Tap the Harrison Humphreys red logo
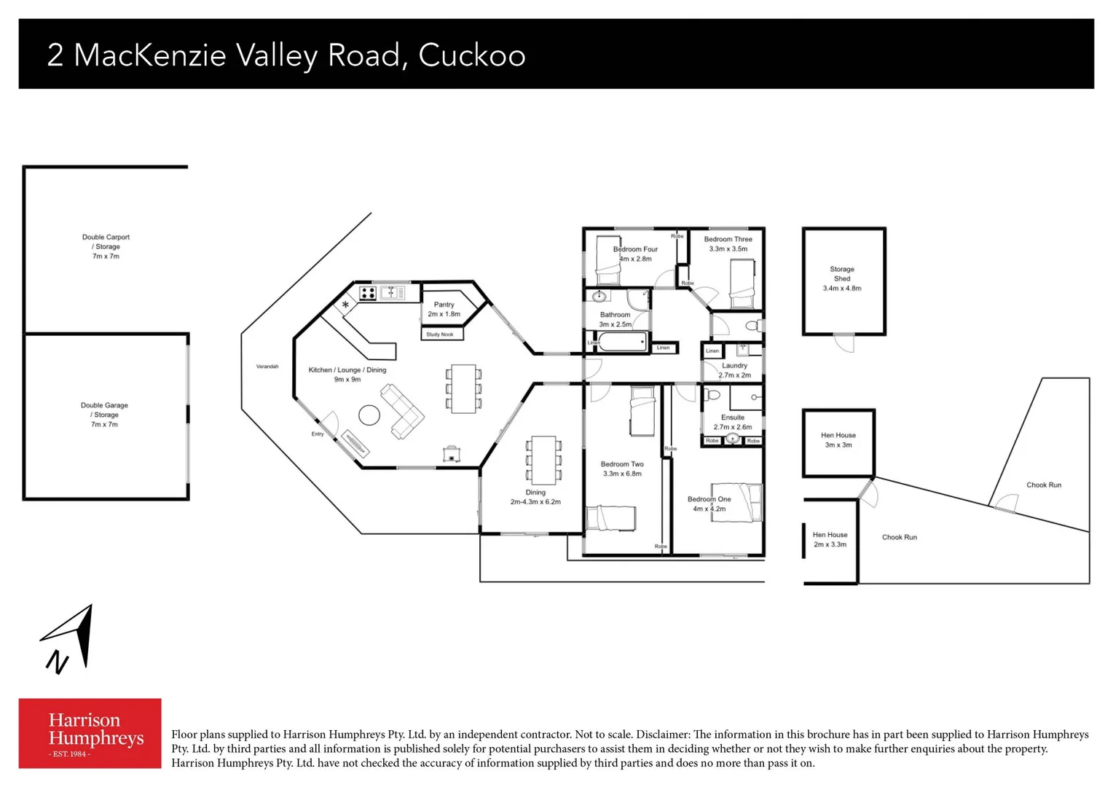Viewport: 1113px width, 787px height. pos(90,733)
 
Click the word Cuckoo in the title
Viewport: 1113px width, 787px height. pos(471,55)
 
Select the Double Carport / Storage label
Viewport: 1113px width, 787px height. pos(106,246)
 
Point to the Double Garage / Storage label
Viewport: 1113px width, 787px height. pos(104,415)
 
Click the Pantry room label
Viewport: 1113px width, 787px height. pos(444,309)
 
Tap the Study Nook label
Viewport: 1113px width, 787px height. pos(440,334)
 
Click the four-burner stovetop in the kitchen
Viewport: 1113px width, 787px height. pos(368,293)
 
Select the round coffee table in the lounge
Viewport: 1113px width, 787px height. pos(369,415)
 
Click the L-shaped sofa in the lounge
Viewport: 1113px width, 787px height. pos(402,412)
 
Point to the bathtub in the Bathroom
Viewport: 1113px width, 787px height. pos(622,342)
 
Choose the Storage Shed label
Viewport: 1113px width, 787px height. pos(842,278)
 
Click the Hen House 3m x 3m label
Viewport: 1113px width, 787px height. pos(838,439)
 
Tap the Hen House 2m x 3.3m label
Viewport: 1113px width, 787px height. pos(830,539)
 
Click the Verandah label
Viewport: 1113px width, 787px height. pos(267,367)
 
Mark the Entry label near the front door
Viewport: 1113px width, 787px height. pos(318,434)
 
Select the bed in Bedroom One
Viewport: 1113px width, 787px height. pos(737,502)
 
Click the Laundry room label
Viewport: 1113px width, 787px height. pos(734,370)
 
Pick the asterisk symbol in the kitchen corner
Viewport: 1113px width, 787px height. pos(345,305)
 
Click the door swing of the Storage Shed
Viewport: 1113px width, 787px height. pos(844,343)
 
